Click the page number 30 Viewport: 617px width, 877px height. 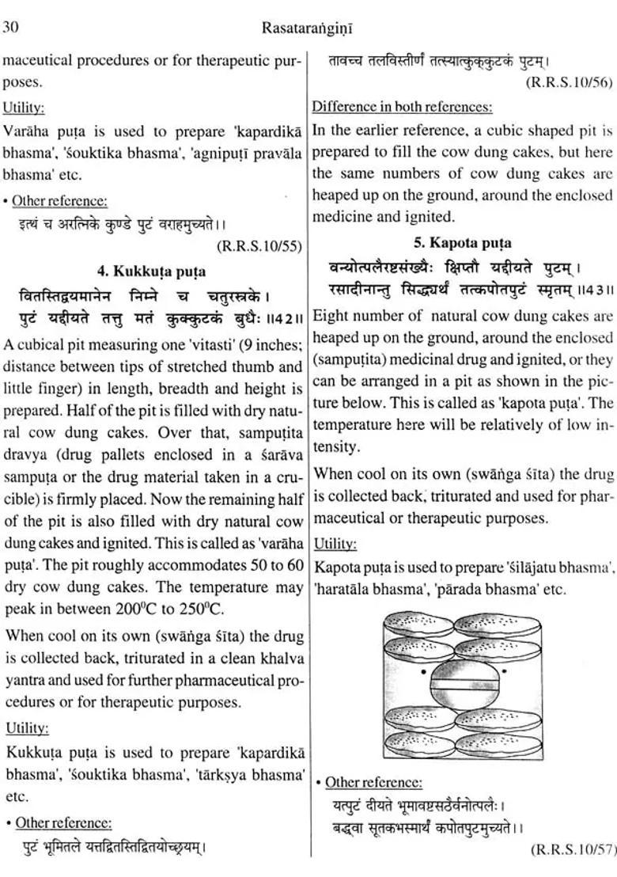[x=10, y=28]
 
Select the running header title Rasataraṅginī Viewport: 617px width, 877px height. [x=308, y=28]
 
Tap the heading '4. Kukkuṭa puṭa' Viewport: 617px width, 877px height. [x=151, y=271]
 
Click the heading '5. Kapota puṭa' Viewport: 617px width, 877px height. [x=464, y=243]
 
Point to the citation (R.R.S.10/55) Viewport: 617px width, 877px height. [x=259, y=246]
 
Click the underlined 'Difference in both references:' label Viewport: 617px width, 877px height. [x=402, y=106]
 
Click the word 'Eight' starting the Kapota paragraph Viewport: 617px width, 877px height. [x=331, y=317]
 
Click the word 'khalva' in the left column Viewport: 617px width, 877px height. [x=277, y=658]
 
